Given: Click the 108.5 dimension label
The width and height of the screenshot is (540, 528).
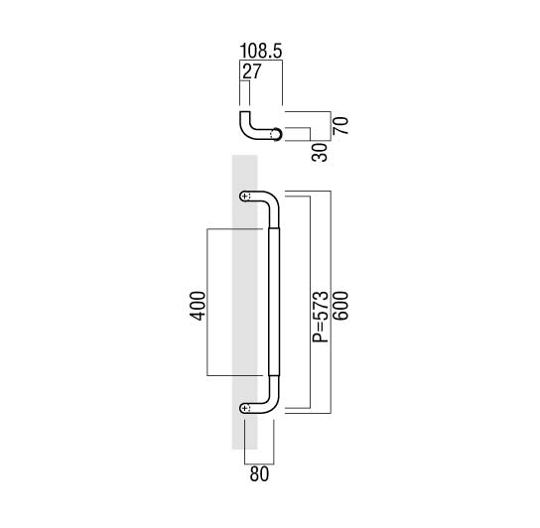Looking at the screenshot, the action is coord(261,51).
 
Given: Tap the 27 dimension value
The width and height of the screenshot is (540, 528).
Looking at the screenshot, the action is coord(252,71).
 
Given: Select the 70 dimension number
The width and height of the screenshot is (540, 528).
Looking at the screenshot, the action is coord(340,126).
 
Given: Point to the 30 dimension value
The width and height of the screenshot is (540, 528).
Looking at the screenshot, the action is coord(320,153).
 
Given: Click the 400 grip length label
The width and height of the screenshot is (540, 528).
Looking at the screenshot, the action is coord(199,306).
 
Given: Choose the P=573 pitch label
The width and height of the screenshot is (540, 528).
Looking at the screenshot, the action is coord(320,317).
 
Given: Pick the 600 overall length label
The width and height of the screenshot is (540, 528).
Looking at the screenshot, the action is coord(340,306).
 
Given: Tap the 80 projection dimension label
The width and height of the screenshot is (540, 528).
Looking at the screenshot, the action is coord(259,474).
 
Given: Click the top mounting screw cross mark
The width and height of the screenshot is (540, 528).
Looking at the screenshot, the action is coord(245,197).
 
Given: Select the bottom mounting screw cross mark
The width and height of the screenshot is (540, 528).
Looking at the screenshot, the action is coord(245,408).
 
